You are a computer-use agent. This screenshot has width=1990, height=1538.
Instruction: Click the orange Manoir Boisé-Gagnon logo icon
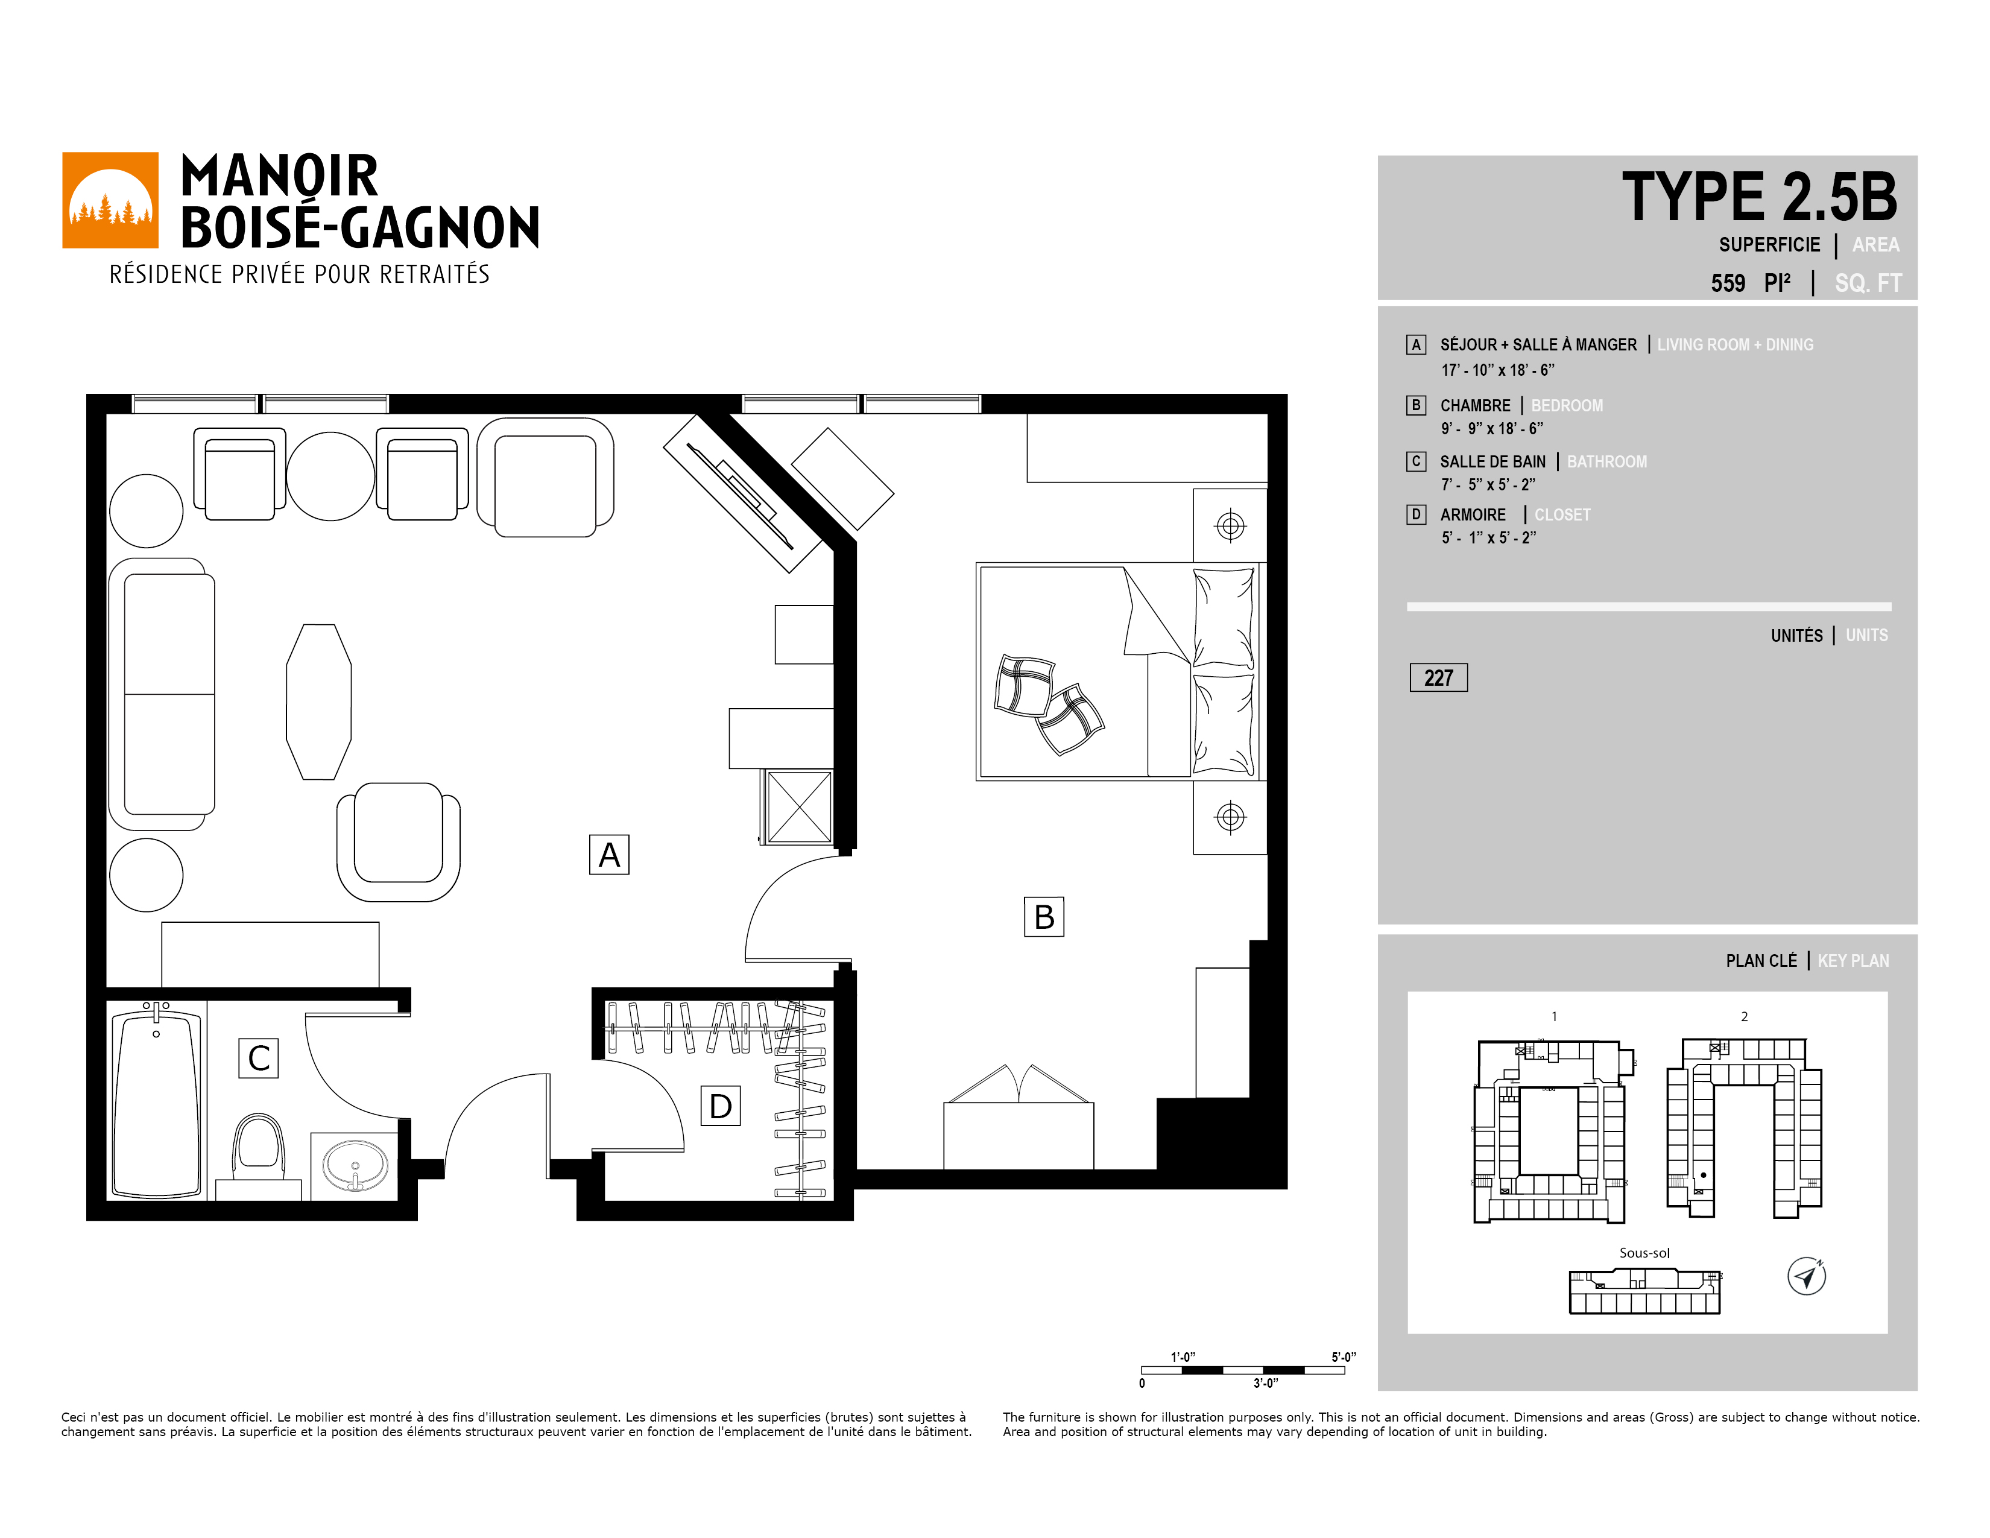pos(110,200)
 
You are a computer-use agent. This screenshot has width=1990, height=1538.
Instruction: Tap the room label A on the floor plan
pos(608,855)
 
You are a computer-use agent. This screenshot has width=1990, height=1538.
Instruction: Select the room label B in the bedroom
pos(1044,917)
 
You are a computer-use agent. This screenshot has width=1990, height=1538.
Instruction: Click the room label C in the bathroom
pos(259,1058)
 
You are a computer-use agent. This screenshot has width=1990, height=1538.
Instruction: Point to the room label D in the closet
pos(720,1106)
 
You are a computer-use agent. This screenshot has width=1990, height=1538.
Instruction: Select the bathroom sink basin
pos(355,1165)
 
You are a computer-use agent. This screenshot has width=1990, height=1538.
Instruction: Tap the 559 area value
pos(1728,283)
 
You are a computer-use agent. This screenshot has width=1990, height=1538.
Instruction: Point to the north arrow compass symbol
pos(1806,1276)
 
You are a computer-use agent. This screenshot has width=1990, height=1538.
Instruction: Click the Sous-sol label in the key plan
pos(1644,1253)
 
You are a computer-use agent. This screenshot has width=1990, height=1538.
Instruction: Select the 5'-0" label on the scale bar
pos(1343,1356)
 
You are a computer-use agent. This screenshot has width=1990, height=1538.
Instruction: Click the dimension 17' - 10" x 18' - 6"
pos(1498,370)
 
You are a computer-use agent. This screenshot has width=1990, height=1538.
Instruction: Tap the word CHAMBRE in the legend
pos(1475,405)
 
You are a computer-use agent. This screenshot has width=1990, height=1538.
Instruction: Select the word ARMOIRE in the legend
pos(1473,515)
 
